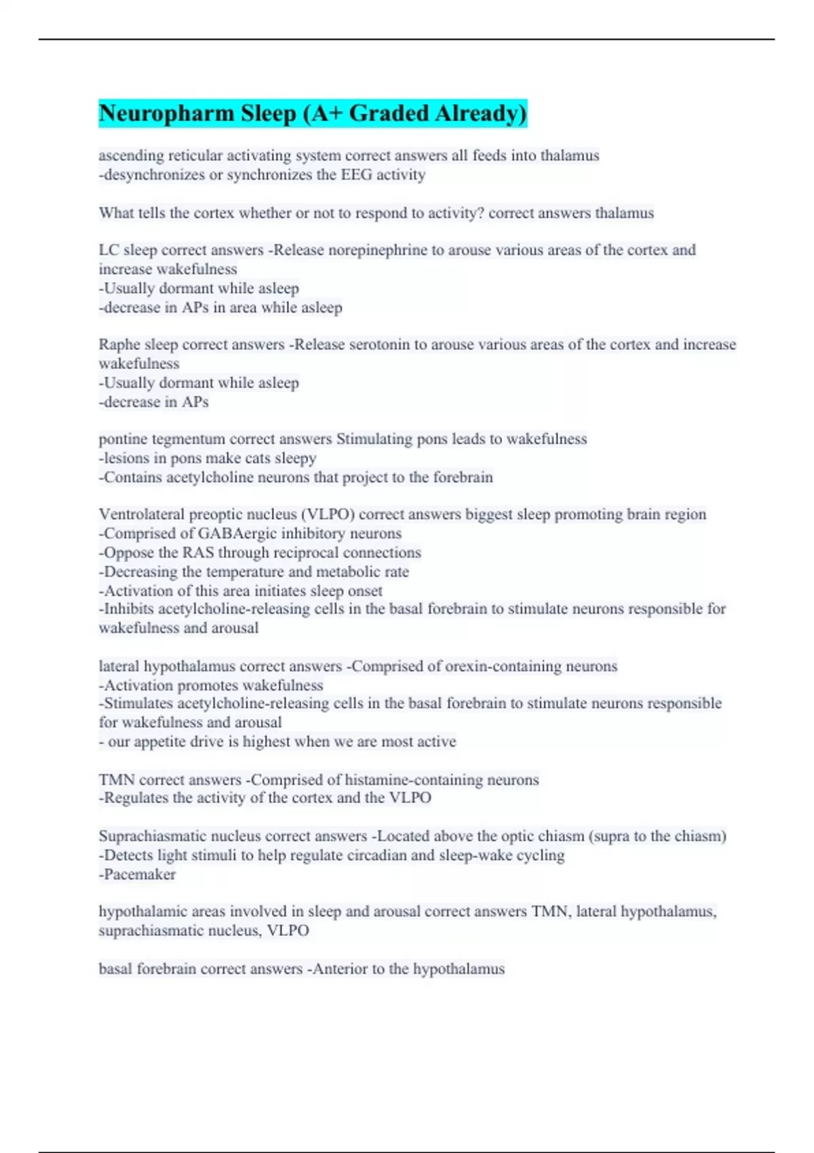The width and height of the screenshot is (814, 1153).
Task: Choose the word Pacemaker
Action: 140,875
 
